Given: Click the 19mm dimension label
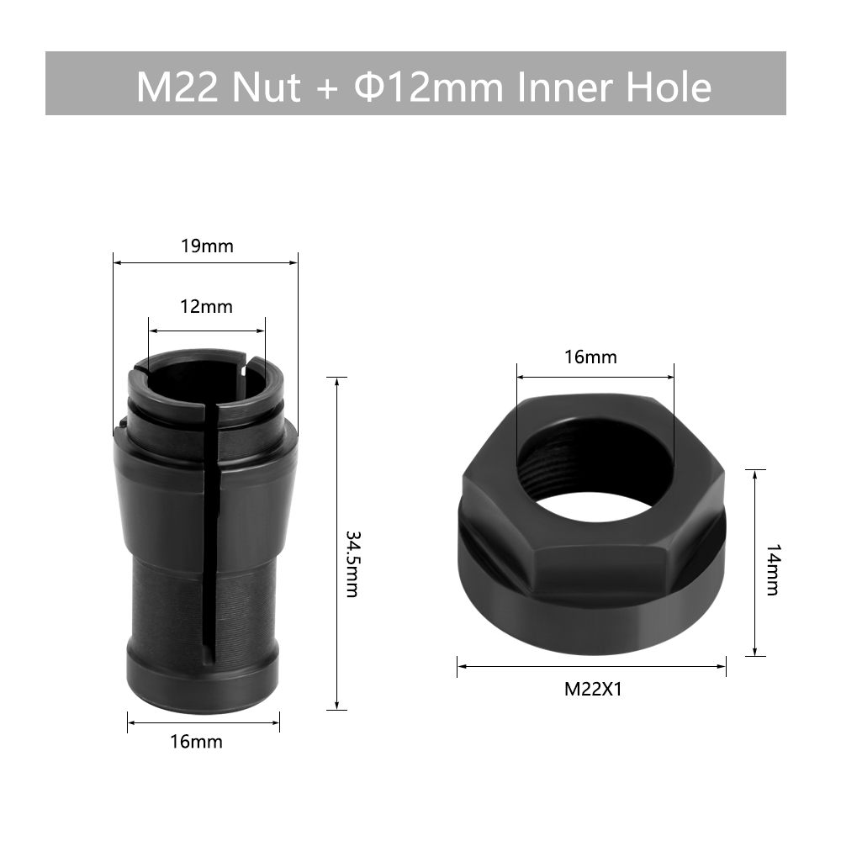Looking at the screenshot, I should pos(207,246).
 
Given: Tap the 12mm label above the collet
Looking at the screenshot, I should pos(207,306).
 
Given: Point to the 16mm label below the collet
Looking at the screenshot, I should pos(196,741).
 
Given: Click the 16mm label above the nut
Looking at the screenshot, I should pos(590,357).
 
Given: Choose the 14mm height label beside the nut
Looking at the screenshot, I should pos(772,570).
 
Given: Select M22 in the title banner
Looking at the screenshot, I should pos(177,86).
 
